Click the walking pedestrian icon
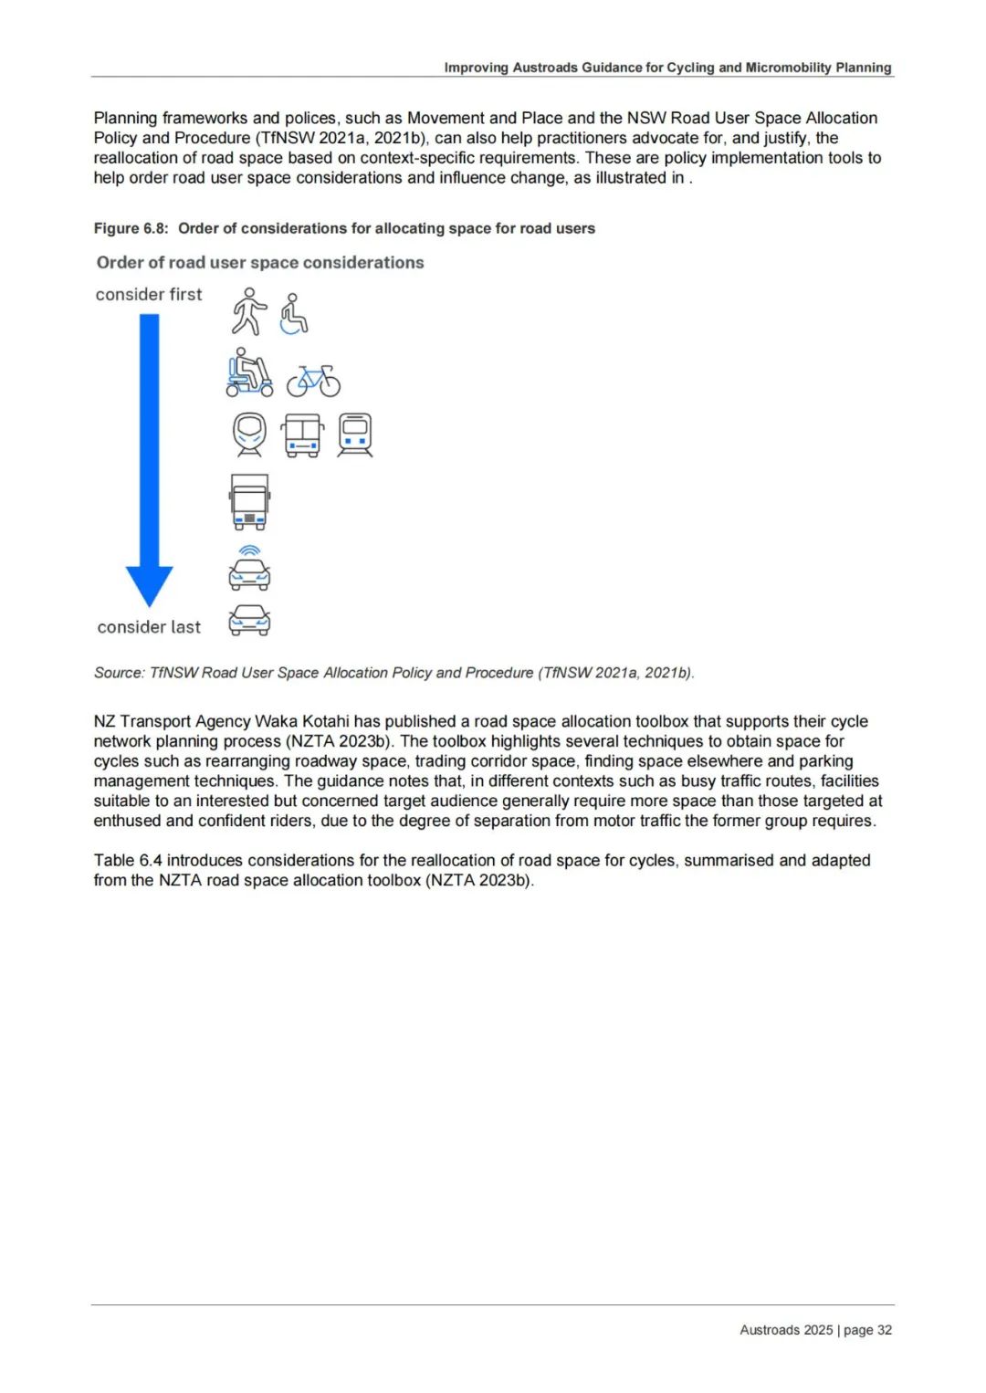(x=248, y=312)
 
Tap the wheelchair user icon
(x=293, y=315)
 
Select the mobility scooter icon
(x=248, y=372)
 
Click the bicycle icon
(x=313, y=381)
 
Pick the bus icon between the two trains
(x=302, y=435)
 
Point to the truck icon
(x=249, y=502)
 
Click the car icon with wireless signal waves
(x=249, y=569)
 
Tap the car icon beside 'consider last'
(x=249, y=621)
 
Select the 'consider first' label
(x=149, y=295)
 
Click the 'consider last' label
(x=149, y=627)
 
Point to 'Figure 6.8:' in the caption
(x=131, y=228)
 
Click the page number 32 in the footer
(x=885, y=1330)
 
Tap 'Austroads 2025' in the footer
(x=786, y=1330)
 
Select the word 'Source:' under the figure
(x=119, y=673)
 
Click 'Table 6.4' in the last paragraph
(x=128, y=860)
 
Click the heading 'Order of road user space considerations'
(x=260, y=263)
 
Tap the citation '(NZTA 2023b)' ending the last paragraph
(x=478, y=880)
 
